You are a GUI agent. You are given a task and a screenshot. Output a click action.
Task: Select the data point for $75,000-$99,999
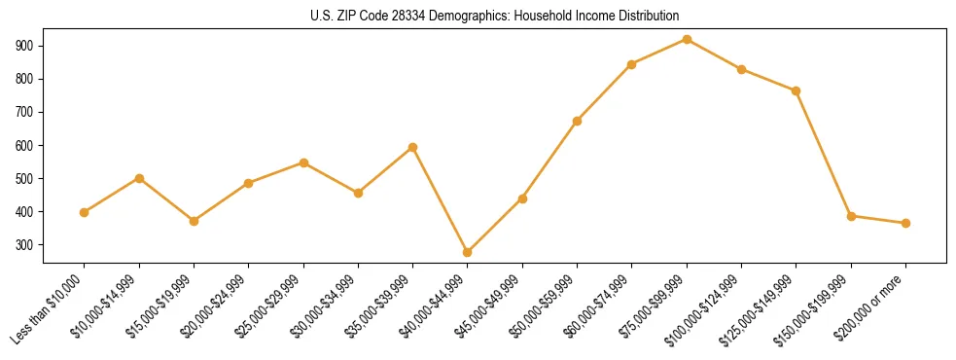[687, 40]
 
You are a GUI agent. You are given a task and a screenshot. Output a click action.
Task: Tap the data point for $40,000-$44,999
[468, 252]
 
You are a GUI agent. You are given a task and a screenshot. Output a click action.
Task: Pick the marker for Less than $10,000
[85, 212]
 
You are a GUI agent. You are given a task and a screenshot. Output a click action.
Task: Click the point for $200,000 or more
[905, 223]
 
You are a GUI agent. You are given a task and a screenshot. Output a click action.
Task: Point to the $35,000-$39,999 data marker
[413, 147]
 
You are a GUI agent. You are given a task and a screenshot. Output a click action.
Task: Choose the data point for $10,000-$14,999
[139, 178]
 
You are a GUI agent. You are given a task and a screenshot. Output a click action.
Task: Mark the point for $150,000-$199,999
[851, 216]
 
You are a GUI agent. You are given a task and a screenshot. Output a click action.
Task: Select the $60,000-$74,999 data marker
[632, 64]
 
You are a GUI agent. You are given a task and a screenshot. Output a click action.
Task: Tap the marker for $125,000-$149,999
[797, 90]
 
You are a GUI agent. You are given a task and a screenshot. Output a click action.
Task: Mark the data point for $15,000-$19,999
[194, 221]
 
